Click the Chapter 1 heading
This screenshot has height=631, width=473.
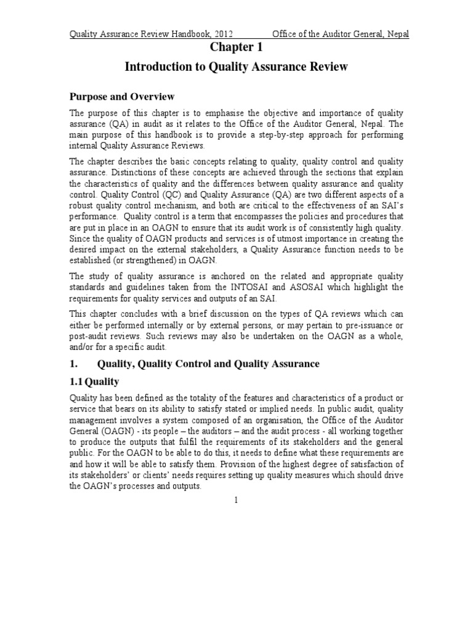[x=236, y=48]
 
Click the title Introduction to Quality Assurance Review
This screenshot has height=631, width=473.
[x=236, y=67]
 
